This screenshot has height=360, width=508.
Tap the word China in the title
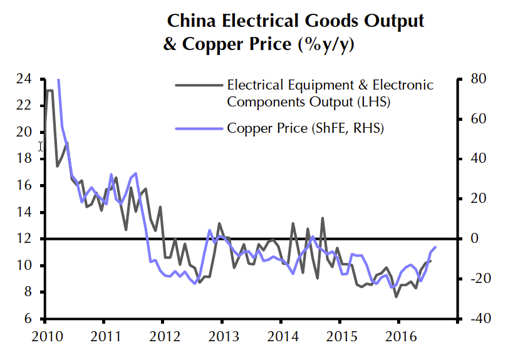click(x=190, y=21)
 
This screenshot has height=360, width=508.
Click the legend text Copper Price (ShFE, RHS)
click(x=305, y=128)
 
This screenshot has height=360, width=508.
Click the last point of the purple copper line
click(x=436, y=247)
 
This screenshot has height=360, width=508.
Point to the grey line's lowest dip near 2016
click(x=396, y=296)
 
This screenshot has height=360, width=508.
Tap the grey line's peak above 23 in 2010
click(x=49, y=91)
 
